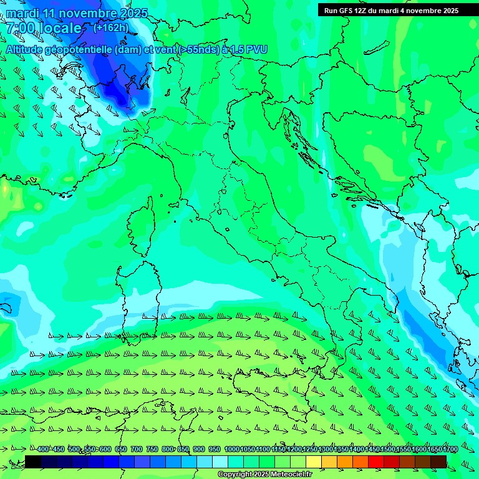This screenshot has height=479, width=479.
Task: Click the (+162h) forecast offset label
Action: [x=111, y=27]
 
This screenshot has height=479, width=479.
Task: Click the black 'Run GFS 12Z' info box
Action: [x=391, y=10]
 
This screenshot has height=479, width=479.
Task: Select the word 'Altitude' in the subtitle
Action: [x=27, y=49]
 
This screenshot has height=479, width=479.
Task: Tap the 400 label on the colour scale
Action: [x=43, y=450]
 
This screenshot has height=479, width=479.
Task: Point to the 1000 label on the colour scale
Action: [x=232, y=450]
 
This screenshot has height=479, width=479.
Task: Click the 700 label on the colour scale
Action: [x=137, y=450]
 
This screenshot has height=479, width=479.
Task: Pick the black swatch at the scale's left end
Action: [x=33, y=462]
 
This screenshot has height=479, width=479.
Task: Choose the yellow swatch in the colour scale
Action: [x=314, y=462]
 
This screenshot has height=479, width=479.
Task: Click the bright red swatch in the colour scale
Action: [x=376, y=462]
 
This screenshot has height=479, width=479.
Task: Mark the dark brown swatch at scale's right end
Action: [x=438, y=462]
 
